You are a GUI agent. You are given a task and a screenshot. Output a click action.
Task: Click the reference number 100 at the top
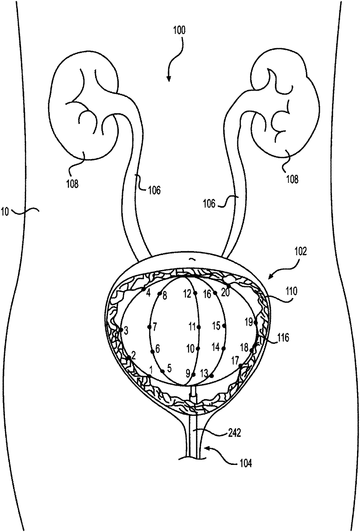coord(179,30)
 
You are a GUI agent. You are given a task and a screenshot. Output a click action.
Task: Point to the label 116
coord(283,338)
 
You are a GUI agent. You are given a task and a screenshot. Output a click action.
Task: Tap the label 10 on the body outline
coord(5,211)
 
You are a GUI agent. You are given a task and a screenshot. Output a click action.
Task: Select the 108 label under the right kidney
coord(292,179)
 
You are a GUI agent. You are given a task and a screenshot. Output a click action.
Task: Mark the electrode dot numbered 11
coord(199,327)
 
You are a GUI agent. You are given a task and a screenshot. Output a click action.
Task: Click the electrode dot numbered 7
coord(149,327)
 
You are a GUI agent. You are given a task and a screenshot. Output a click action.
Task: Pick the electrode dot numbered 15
coord(224,326)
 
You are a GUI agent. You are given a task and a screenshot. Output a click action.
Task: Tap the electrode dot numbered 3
coord(121,330)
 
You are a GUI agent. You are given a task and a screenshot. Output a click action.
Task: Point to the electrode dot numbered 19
coord(255,322)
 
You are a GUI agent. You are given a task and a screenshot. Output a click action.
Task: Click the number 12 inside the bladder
coord(188,294)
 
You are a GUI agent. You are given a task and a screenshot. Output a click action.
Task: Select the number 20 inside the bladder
coord(225,293)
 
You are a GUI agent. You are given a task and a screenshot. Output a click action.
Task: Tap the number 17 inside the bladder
coord(235,361)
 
